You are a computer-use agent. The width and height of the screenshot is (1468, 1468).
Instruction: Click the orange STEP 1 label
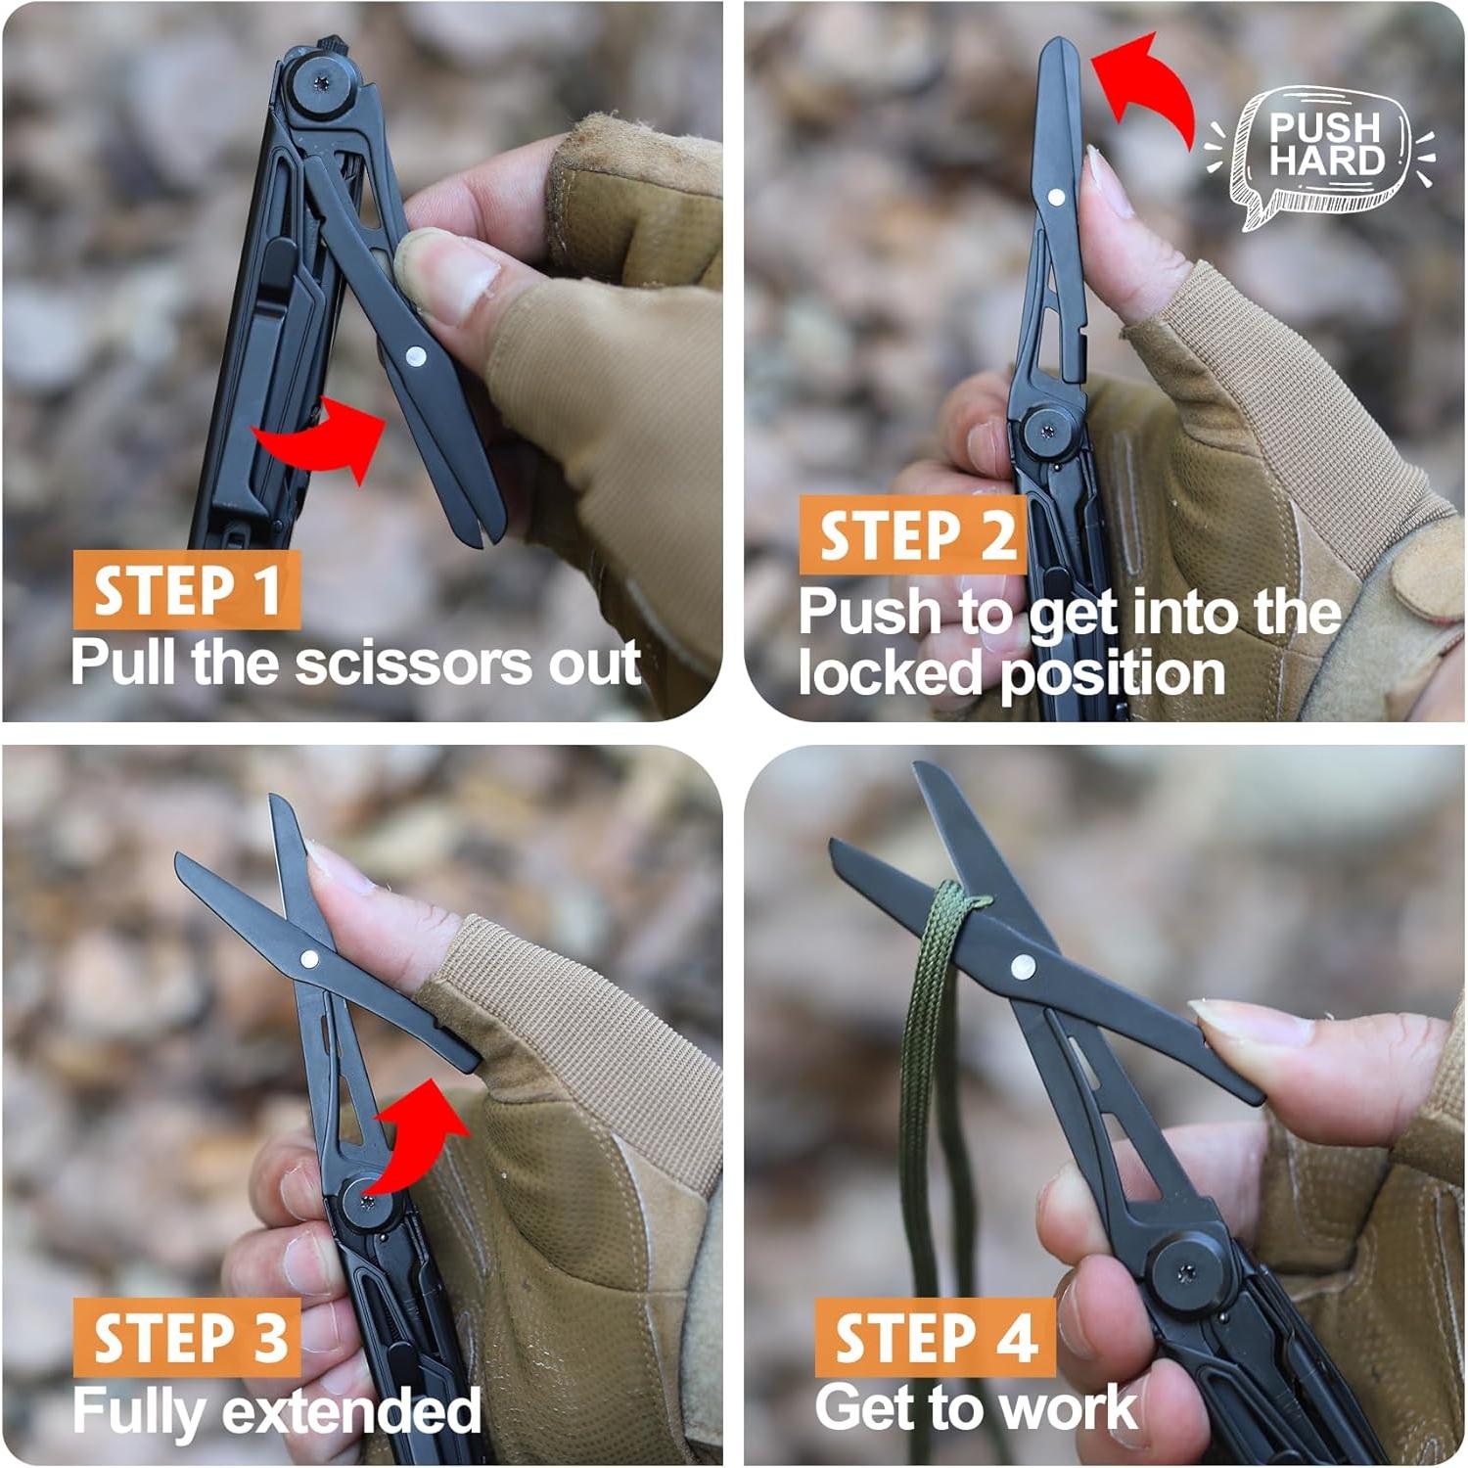pos(186,590)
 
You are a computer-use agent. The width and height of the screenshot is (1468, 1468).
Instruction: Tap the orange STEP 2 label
pos(914,535)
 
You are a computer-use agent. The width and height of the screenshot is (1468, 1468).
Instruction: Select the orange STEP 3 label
pos(186,1337)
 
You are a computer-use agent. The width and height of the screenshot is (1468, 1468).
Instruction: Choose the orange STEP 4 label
pos(935,1337)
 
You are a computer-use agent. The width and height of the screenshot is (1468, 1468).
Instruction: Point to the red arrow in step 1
pos(328,438)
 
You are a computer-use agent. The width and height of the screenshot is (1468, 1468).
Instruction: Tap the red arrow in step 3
pos(421,1135)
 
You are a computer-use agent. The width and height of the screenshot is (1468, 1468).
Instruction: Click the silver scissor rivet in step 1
pos(415,356)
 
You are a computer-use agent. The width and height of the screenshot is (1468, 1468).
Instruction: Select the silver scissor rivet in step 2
pos(1056,197)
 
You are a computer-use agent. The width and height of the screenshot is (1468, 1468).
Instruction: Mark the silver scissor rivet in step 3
pos(309,960)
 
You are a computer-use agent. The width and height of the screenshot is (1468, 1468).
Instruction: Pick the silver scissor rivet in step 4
pos(1023,968)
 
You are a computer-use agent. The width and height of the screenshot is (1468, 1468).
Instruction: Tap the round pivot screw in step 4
pos(1187,1272)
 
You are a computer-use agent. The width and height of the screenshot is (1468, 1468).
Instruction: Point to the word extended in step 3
pos(351,1411)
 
